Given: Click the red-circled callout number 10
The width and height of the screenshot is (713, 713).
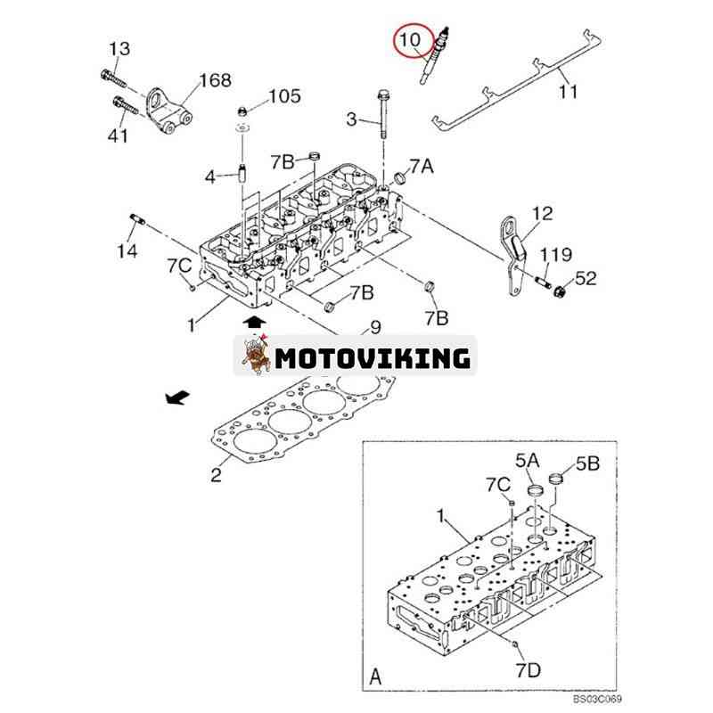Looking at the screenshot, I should pos(410,40).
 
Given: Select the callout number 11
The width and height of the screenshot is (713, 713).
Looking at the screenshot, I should pos(569,90).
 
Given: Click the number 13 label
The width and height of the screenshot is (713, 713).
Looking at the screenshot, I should pos(119,48).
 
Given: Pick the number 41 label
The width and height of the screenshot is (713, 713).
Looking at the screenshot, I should pos(118,135).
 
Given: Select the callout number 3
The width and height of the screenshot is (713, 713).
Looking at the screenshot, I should pos(351,119).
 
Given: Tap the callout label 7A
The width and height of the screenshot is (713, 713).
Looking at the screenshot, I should pos(422,167).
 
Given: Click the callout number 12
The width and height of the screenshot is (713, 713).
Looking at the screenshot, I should pos(542,214).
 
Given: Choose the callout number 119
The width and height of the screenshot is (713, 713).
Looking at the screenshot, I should pos(560,256).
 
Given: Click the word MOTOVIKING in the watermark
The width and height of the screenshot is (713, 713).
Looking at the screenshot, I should pos(372,358).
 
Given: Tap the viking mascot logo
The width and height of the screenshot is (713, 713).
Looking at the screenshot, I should pos(255,356).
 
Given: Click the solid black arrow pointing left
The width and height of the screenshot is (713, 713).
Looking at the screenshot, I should pos(177,398).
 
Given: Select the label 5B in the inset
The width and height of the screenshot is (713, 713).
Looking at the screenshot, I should pos(588,463).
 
